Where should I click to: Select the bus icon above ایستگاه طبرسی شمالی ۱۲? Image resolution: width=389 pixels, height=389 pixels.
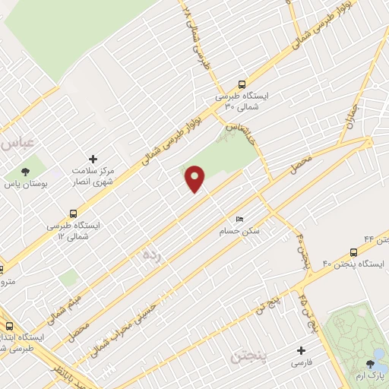click(x=73, y=213)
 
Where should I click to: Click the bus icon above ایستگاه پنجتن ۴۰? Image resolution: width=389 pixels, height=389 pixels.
click(x=353, y=251)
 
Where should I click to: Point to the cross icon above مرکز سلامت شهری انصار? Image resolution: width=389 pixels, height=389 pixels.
click(x=93, y=159)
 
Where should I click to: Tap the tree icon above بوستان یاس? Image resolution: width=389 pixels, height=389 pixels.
click(x=25, y=172)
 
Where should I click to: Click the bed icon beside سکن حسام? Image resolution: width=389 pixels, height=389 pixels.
click(x=240, y=219)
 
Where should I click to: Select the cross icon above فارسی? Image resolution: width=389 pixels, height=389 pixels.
click(x=302, y=351)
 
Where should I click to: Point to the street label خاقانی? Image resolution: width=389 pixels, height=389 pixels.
click(x=238, y=122)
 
